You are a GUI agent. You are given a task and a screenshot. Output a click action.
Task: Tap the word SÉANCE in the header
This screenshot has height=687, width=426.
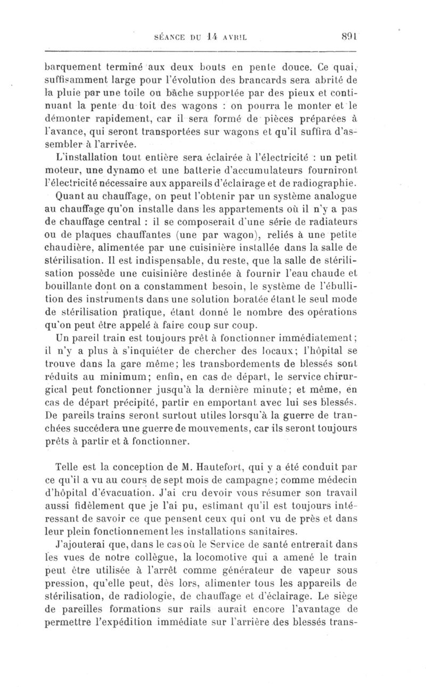point(169,38)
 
